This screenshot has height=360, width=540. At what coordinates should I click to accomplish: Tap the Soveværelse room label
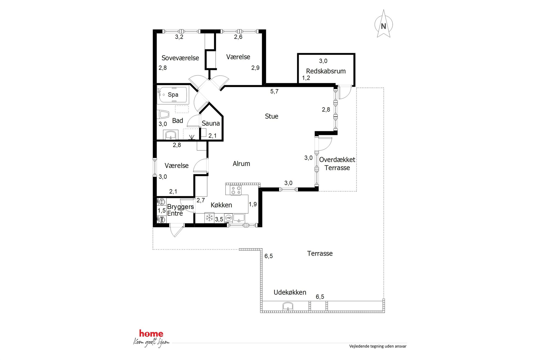pos(180,58)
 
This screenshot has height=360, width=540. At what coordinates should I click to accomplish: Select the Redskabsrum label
pos(326,71)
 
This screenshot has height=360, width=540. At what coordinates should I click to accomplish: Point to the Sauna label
pos(211,123)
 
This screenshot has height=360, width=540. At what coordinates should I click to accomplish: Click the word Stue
pos(272,116)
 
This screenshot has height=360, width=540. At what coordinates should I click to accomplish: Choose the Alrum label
pos(241,164)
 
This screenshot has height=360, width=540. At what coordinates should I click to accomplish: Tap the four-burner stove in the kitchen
pos(236,190)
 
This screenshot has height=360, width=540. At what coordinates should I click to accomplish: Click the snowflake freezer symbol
pos(209,218)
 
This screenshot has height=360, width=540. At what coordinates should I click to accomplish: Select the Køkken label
pos(221,205)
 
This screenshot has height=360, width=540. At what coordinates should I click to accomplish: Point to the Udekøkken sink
pos(288,306)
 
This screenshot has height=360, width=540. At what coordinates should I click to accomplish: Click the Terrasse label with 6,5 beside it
pos(320,253)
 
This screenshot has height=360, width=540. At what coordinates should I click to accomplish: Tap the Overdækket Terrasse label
pos(337,164)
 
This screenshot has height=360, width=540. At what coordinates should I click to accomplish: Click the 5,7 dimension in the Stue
pos(274,91)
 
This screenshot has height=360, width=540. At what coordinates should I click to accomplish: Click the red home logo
pos(151,334)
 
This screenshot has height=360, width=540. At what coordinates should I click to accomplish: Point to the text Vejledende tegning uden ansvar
pos(378,346)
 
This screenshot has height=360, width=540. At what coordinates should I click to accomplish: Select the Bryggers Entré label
pos(180,210)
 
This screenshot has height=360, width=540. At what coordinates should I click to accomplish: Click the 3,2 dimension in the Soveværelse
pos(179,37)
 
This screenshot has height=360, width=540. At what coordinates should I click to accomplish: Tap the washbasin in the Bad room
pos(171,135)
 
